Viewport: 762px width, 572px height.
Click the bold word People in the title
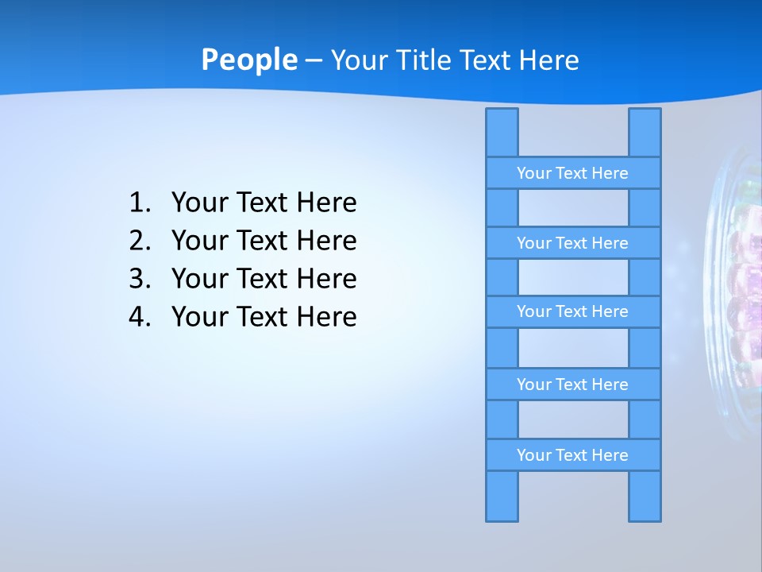click(248, 60)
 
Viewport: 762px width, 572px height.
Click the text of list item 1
click(264, 203)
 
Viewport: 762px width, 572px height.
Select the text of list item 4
click(264, 317)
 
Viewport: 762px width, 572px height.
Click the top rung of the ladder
click(572, 173)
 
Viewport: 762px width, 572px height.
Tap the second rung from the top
click(572, 243)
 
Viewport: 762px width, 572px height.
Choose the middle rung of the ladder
click(572, 311)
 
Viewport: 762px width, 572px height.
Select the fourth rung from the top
click(572, 385)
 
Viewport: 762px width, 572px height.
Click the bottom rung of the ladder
click(572, 455)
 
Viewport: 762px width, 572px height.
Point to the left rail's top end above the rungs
click(502, 132)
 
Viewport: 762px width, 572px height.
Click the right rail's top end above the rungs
click(645, 132)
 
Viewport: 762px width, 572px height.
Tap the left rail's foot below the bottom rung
click(502, 496)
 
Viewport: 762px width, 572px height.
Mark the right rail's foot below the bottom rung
click(645, 496)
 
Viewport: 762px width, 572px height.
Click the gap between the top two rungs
click(573, 207)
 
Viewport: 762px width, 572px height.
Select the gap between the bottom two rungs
click(573, 419)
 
